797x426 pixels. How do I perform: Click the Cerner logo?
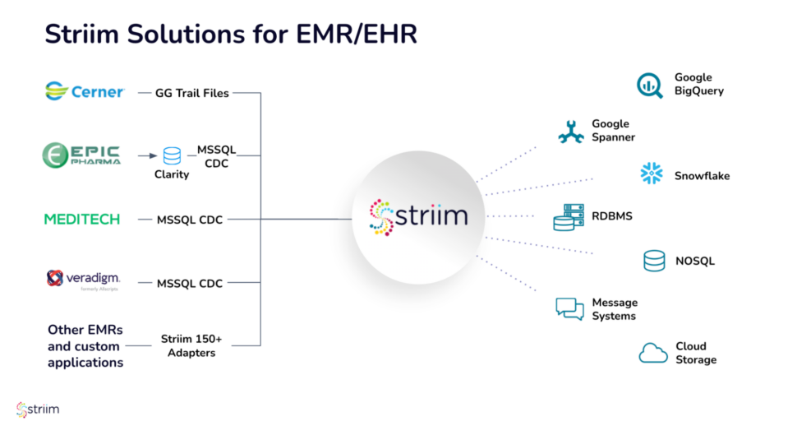click(85, 91)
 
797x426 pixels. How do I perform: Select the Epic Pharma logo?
click(82, 155)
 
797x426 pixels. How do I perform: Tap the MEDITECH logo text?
click(82, 219)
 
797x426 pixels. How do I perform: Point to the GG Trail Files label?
click(192, 93)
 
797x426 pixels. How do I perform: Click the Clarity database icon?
click(172, 155)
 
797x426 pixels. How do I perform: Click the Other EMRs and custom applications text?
click(85, 346)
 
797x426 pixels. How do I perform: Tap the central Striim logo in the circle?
click(419, 217)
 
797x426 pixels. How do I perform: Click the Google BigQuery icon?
click(649, 85)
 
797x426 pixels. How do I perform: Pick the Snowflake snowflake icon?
click(652, 174)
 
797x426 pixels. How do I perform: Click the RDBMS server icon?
click(568, 217)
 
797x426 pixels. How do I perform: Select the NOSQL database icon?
click(654, 261)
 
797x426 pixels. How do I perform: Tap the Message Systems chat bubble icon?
click(569, 308)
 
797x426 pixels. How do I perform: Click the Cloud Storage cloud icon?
click(653, 353)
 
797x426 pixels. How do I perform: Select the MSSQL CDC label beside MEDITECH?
click(190, 220)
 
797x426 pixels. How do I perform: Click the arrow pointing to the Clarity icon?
click(147, 155)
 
